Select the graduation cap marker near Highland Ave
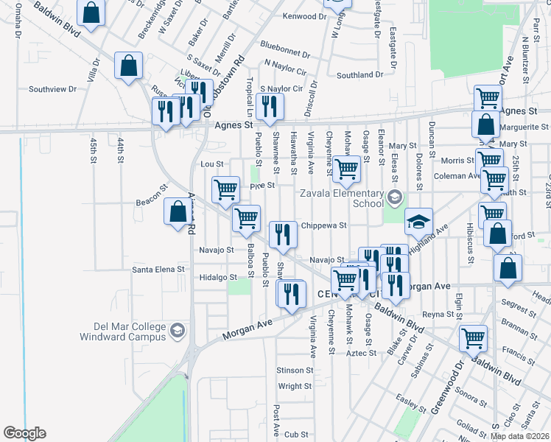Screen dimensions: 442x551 [x=418, y=221]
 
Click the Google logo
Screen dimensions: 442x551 [x=24, y=433]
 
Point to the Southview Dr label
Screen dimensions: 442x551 [x=52, y=89]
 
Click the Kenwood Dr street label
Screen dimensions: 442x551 [x=298, y=16]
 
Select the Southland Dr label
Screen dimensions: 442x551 [x=359, y=74]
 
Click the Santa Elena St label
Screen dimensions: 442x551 [x=158, y=270]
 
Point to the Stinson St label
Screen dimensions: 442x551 [x=295, y=370]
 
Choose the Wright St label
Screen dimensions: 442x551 [x=295, y=386]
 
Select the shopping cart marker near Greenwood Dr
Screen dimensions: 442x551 [x=473, y=337]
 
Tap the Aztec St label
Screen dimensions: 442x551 [x=362, y=354]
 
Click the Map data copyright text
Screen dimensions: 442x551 [x=520, y=436]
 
